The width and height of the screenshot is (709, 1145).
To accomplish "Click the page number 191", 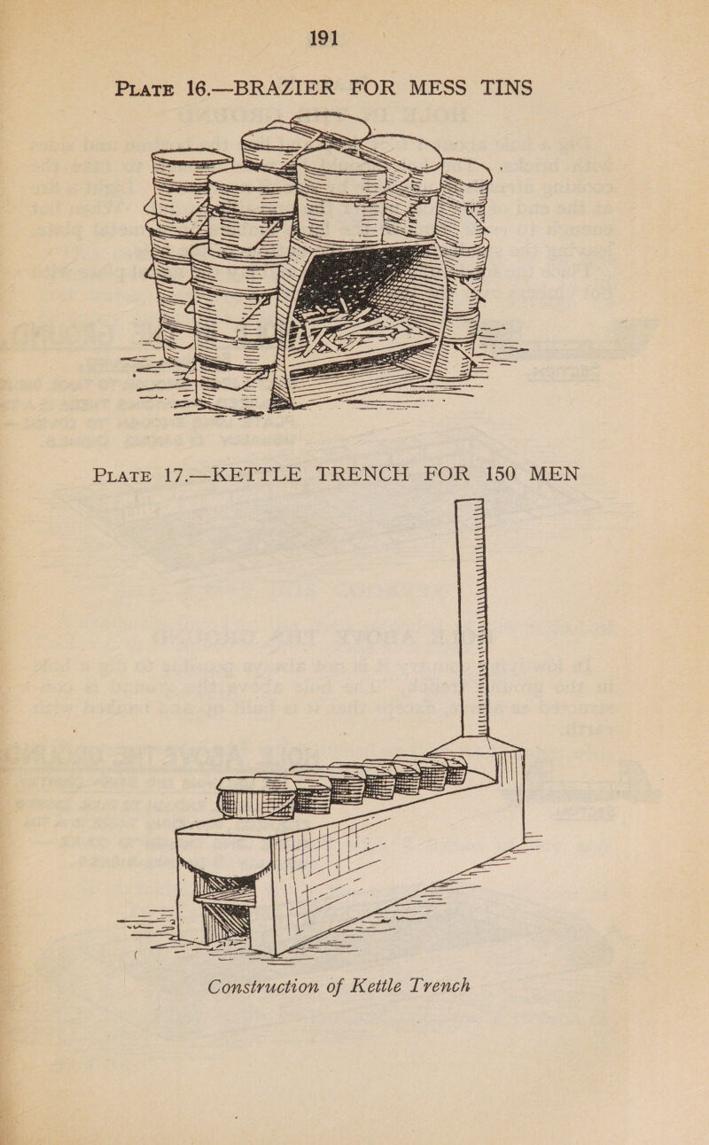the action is (x=324, y=38).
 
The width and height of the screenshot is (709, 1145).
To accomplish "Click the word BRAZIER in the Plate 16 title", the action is (x=284, y=88).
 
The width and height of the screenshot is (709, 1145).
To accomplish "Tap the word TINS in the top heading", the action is (x=506, y=88).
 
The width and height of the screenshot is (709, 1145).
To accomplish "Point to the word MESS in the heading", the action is (x=437, y=88).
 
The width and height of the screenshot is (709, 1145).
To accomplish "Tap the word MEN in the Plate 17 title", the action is (x=554, y=474).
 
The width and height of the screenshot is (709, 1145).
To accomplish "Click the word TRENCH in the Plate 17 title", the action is (x=362, y=474).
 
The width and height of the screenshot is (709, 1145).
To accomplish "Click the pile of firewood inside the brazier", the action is (x=353, y=326).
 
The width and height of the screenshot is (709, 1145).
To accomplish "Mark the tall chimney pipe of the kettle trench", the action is (x=471, y=618).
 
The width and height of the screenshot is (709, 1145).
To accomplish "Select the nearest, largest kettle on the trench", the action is (x=254, y=798).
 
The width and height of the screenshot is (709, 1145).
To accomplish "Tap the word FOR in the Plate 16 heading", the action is (x=371, y=88).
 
